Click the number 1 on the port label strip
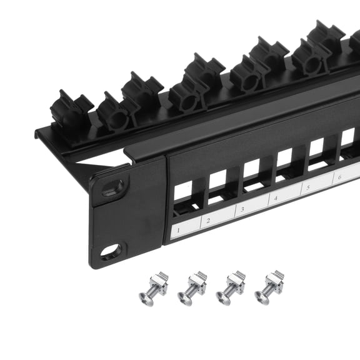pyautogui.click(x=179, y=231)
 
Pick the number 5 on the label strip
pyautogui.click(x=307, y=188)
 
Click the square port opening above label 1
pyautogui.click(x=182, y=191)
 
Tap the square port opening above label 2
pyautogui.click(x=217, y=179)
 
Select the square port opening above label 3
pyautogui.click(x=251, y=169)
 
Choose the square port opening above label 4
pyautogui.click(x=284, y=157)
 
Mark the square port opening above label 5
pyautogui.click(x=317, y=147)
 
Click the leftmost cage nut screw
pyautogui.click(x=154, y=287)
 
